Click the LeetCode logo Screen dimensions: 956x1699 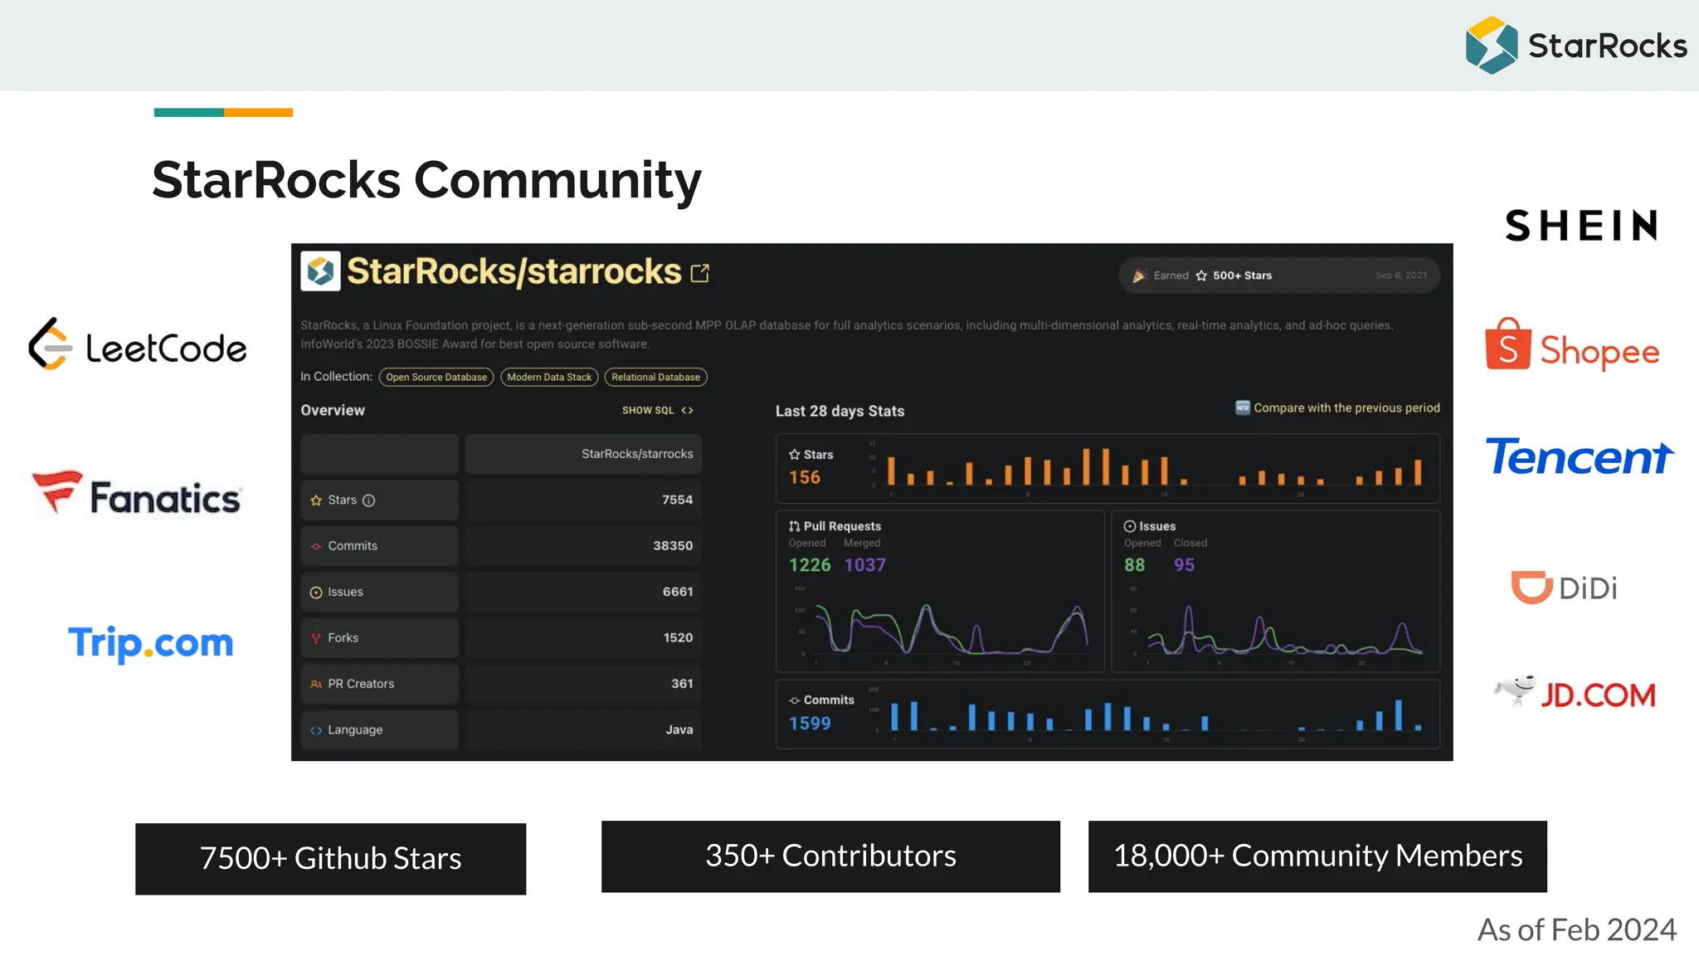138,344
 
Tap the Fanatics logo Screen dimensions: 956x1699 137,495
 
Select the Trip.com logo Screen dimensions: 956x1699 151,643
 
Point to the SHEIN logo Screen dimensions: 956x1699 1581,226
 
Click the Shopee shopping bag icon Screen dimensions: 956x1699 1507,344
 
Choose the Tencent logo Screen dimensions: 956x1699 1579,457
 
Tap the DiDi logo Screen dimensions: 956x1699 1565,588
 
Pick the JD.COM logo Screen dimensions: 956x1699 1575,693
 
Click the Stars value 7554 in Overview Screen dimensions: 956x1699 677,500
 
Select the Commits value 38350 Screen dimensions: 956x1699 672,546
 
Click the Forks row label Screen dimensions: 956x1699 343,637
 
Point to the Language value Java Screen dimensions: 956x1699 679,729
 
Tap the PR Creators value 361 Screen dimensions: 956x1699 682,684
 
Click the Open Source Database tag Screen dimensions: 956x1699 436,377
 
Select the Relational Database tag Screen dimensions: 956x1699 655,377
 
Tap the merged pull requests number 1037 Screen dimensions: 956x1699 864,565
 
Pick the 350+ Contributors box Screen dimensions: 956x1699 830,856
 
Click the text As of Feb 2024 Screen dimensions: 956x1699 1576,929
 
